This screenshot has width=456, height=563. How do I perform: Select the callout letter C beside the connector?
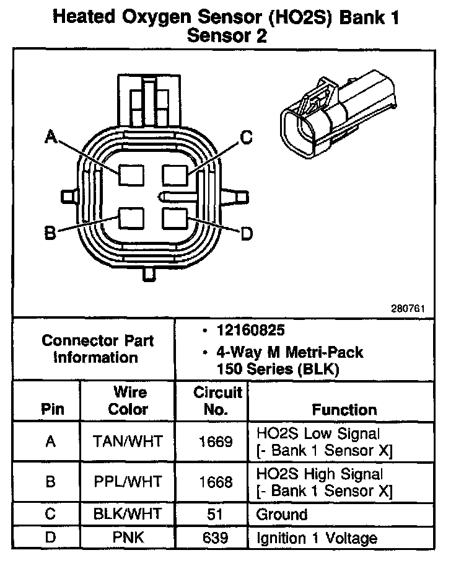point(246,138)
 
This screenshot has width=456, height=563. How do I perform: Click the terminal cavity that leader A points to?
point(131,175)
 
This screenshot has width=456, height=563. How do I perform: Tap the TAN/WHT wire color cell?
point(128,441)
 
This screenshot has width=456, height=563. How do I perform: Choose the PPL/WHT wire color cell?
point(128,482)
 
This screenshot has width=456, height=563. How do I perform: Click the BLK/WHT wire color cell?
point(128,513)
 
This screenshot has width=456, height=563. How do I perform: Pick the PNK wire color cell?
point(128,538)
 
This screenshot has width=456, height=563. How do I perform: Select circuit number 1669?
point(216,441)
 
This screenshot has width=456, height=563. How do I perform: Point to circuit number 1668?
point(216,482)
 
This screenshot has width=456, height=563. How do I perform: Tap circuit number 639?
point(216,538)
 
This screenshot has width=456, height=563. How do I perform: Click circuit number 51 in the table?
point(216,513)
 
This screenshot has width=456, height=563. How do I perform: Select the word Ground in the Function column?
point(281,514)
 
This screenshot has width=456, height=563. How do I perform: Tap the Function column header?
point(344,409)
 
